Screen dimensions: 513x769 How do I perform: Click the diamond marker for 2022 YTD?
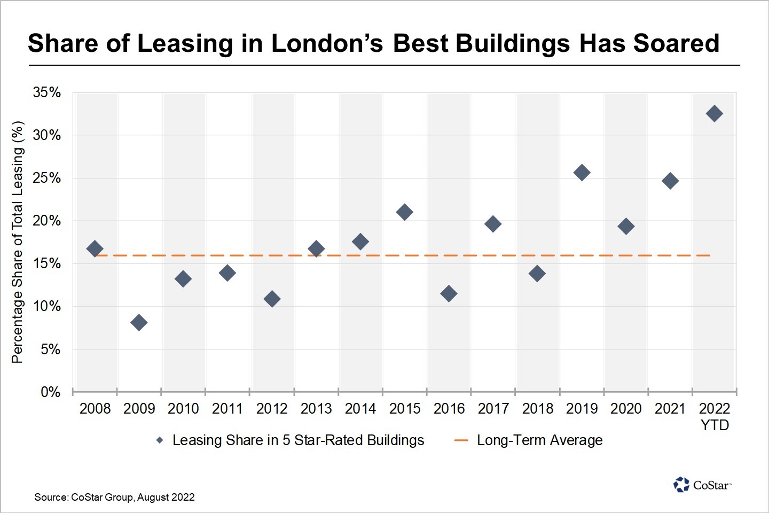tap(714, 113)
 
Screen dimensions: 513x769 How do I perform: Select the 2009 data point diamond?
tap(139, 322)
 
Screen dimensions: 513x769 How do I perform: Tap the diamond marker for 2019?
tap(582, 173)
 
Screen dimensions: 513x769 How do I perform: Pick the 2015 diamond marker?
tap(404, 212)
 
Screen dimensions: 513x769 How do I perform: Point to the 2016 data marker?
tap(449, 293)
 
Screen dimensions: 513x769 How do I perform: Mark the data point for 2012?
tap(272, 299)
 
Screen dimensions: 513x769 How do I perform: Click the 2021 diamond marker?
tap(670, 181)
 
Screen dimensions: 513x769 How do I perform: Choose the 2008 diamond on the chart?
tap(95, 248)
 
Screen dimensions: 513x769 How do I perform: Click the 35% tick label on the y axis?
tap(46, 92)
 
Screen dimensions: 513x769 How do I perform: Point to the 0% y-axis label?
tap(50, 392)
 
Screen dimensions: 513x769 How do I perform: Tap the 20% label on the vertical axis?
tap(46, 221)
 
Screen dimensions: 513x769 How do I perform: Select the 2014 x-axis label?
tap(360, 409)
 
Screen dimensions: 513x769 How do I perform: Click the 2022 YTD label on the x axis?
tap(715, 416)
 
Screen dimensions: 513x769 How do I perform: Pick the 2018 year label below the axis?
tap(537, 409)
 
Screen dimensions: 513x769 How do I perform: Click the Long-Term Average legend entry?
tap(539, 440)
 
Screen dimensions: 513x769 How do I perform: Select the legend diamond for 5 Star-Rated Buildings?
tap(160, 440)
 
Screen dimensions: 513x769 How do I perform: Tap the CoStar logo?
tap(702, 485)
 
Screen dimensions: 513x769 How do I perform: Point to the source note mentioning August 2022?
tap(114, 498)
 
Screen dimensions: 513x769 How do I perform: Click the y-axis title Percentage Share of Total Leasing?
tap(18, 242)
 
